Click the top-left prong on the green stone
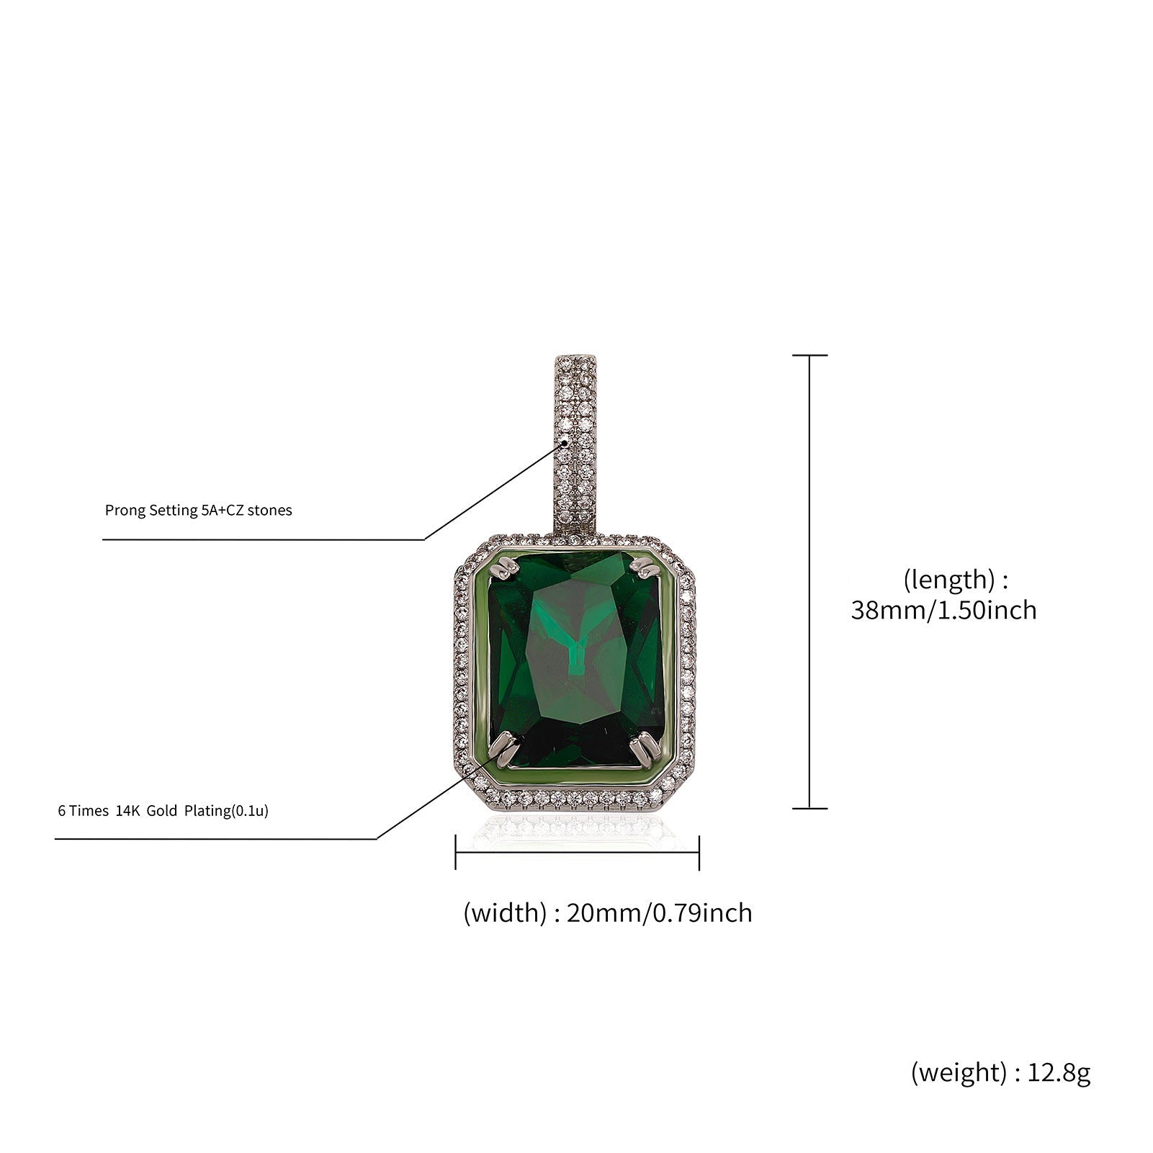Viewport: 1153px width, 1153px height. (x=504, y=571)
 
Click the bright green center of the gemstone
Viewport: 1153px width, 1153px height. (x=576, y=648)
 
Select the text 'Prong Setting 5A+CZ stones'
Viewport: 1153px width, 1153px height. (x=198, y=511)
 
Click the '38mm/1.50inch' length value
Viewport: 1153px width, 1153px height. (x=943, y=611)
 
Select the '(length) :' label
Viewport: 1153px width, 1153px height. (x=955, y=579)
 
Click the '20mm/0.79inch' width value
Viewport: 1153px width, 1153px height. (x=659, y=913)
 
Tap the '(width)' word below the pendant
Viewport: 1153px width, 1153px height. (x=505, y=913)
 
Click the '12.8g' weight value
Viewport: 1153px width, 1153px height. (x=1059, y=1073)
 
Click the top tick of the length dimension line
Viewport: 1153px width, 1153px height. (x=809, y=355)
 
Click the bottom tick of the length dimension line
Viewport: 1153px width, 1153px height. (x=809, y=808)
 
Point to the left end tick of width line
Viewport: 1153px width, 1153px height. (x=456, y=853)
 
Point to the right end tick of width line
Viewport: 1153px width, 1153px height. (x=699, y=853)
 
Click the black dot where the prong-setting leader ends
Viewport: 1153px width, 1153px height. (x=565, y=443)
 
